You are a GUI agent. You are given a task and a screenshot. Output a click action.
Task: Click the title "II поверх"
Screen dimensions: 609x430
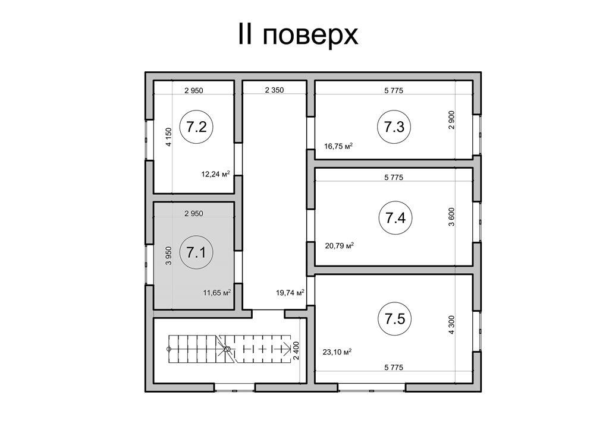click(297, 35)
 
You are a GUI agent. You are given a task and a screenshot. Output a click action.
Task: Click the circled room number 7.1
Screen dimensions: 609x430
click(196, 253)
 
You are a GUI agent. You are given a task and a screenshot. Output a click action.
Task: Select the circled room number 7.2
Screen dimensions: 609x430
click(196, 127)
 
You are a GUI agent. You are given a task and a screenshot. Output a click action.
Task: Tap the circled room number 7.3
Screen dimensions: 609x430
click(394, 127)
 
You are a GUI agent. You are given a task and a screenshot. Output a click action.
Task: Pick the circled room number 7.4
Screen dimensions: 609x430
click(395, 218)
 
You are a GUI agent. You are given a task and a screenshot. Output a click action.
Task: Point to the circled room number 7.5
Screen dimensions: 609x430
click(394, 319)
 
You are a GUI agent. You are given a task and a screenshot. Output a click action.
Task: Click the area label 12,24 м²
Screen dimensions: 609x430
click(215, 173)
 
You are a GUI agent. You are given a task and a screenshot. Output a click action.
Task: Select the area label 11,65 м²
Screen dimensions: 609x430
click(217, 292)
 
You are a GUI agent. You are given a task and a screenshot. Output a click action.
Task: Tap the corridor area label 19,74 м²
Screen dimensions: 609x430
click(290, 292)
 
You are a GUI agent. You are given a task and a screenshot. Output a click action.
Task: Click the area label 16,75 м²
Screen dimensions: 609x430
click(338, 146)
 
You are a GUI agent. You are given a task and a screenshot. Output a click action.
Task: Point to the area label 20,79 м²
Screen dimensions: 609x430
click(339, 245)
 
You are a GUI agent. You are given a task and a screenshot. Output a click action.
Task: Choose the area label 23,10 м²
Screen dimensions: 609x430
click(337, 352)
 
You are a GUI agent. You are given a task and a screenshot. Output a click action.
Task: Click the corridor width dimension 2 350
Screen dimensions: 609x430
click(275, 90)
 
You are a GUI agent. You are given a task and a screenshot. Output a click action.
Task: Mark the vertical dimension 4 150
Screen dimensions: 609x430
click(168, 137)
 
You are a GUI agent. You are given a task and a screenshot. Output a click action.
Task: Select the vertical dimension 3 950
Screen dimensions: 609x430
click(168, 256)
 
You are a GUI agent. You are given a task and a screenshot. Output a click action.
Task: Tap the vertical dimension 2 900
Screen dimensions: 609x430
click(451, 120)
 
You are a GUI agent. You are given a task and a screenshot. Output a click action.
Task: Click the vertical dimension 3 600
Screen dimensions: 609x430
click(451, 217)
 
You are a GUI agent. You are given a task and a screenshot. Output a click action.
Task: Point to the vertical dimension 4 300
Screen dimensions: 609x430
click(451, 325)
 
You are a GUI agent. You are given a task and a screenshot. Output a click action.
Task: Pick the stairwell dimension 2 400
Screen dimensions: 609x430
click(296, 351)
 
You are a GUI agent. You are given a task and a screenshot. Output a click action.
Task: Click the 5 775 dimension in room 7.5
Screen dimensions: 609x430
click(394, 367)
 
